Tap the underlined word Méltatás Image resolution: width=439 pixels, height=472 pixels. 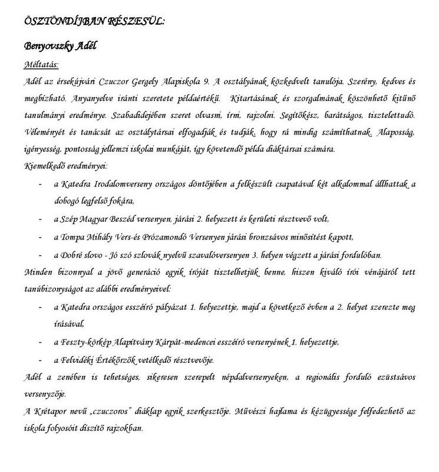pyautogui.click(x=41, y=63)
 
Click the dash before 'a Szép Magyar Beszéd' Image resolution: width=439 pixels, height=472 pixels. pyautogui.click(x=39, y=219)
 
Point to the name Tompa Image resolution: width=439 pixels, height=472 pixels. pyautogui.click(x=72, y=237)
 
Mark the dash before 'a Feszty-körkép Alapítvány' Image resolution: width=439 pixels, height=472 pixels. pyautogui.click(x=39, y=342)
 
